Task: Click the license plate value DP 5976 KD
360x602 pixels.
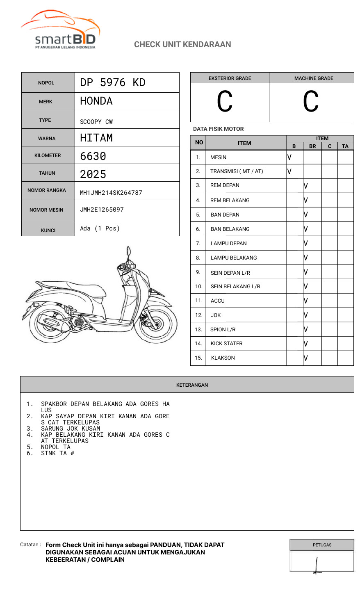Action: (113, 82)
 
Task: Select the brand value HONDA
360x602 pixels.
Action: (96, 101)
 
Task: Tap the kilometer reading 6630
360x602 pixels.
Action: (93, 156)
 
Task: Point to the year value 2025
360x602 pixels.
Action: (93, 174)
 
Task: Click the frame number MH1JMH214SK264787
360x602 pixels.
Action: (111, 192)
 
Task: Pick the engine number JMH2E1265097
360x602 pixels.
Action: (102, 210)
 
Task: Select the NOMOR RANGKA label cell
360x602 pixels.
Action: (47, 190)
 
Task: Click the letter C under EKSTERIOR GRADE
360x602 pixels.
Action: (225, 102)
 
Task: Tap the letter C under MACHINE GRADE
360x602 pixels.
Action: (311, 102)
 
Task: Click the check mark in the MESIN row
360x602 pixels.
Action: (289, 157)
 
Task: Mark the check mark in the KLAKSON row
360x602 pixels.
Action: (306, 358)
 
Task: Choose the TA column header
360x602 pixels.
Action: (345, 146)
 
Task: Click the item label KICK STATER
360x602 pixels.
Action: (226, 344)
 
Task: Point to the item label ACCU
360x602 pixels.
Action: (217, 301)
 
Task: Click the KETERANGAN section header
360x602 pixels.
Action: (192, 385)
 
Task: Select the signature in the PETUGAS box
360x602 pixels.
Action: (317, 565)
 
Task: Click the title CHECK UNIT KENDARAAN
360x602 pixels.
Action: (182, 44)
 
